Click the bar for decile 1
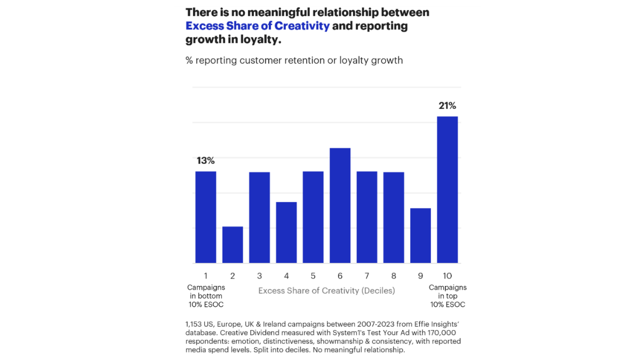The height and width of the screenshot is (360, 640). coord(205,217)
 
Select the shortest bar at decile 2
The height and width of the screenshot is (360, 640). coord(233,245)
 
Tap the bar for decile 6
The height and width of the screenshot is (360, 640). coord(340,205)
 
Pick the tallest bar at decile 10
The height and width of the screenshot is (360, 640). coord(447,189)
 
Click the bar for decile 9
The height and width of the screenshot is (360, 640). coord(420,235)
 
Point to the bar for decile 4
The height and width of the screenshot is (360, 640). coord(286,233)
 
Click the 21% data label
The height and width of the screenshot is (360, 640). coord(447,106)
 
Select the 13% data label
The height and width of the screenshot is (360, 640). coord(205,161)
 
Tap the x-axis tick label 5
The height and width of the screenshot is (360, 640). coord(313,276)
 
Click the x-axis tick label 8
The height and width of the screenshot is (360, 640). coord(394,276)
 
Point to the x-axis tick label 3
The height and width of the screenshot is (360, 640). coord(259,276)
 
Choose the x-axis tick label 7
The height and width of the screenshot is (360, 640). coord(367,276)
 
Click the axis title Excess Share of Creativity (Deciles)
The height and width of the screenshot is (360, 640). coord(326,291)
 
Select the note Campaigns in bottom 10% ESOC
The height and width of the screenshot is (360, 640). coord(205,296)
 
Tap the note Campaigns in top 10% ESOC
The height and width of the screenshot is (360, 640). coord(447,296)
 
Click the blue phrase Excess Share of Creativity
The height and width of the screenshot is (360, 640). coord(258,26)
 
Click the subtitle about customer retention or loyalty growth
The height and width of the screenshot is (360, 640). coord(294,60)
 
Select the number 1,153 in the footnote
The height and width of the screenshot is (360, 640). coord(195,324)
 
